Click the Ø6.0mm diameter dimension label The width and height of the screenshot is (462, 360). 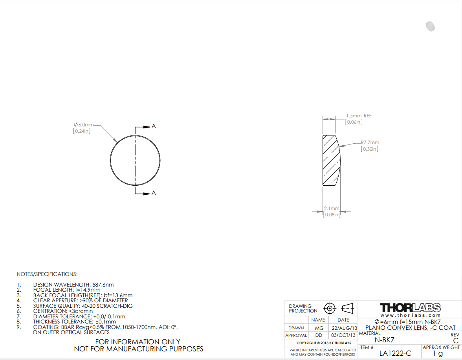coord(84,125)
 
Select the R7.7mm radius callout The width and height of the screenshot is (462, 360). coord(370,143)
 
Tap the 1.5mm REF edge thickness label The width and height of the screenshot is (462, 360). coord(359,116)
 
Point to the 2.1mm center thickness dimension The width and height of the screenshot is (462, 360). coord(332,208)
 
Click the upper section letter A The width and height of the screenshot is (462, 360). coord(154,126)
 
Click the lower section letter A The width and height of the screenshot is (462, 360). coord(154,193)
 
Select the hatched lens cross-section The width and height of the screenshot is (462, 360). coord(331,161)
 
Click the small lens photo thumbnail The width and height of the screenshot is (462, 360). coord(430,26)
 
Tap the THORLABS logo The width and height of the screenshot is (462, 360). coord(410,308)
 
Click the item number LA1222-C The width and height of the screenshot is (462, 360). coord(395,353)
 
